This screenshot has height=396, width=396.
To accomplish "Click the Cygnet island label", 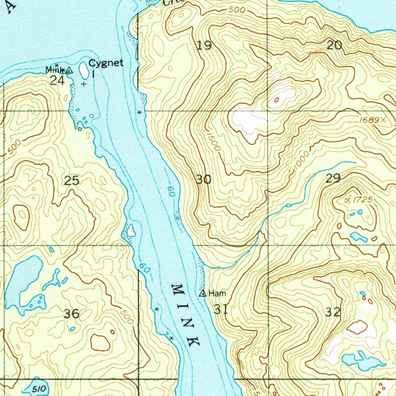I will tap(106, 63).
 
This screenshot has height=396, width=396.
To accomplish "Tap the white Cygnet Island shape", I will tap(83, 70).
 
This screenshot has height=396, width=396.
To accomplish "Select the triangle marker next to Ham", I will tap(203, 294).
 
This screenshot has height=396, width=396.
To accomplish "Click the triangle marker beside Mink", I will tap(69, 70).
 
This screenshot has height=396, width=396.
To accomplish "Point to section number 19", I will tap(204, 46).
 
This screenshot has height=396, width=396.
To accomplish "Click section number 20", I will tap(335, 45).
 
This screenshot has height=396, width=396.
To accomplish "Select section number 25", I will tap(72, 180).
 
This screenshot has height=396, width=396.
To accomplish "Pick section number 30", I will tap(203, 179).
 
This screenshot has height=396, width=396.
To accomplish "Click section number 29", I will tap(333, 178).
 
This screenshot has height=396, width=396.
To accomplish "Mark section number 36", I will tap(72, 313).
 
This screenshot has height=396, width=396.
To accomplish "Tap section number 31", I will tap(220, 309).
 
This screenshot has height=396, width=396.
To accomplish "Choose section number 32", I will tap(333, 312).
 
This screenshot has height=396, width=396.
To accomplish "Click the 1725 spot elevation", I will tap(362, 200).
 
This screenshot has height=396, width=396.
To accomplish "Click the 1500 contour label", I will tap(213, 142).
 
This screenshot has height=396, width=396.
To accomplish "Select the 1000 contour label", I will tap(301, 159).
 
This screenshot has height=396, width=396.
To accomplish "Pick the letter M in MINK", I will tap(177, 289).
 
